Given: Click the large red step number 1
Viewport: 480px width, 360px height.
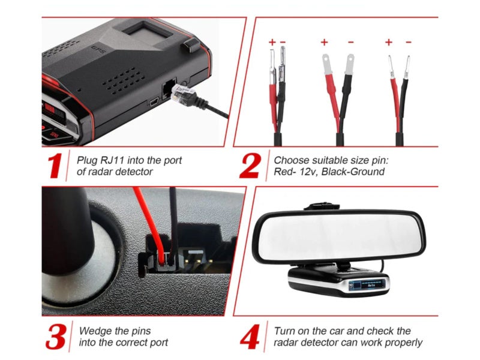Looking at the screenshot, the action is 55,166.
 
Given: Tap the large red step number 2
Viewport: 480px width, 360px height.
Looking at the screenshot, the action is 250,166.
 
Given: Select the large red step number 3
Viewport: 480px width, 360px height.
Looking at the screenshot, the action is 56,337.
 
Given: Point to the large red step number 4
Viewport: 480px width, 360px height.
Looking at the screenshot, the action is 250,337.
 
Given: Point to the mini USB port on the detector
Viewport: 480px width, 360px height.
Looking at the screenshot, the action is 154,101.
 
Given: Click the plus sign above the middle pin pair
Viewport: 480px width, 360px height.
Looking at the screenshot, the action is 324,42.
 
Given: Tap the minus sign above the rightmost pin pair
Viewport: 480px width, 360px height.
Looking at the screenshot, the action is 409,42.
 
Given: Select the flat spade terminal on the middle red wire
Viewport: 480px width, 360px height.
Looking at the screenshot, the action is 326,64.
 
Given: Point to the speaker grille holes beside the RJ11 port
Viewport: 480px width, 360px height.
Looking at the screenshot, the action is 125,81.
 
